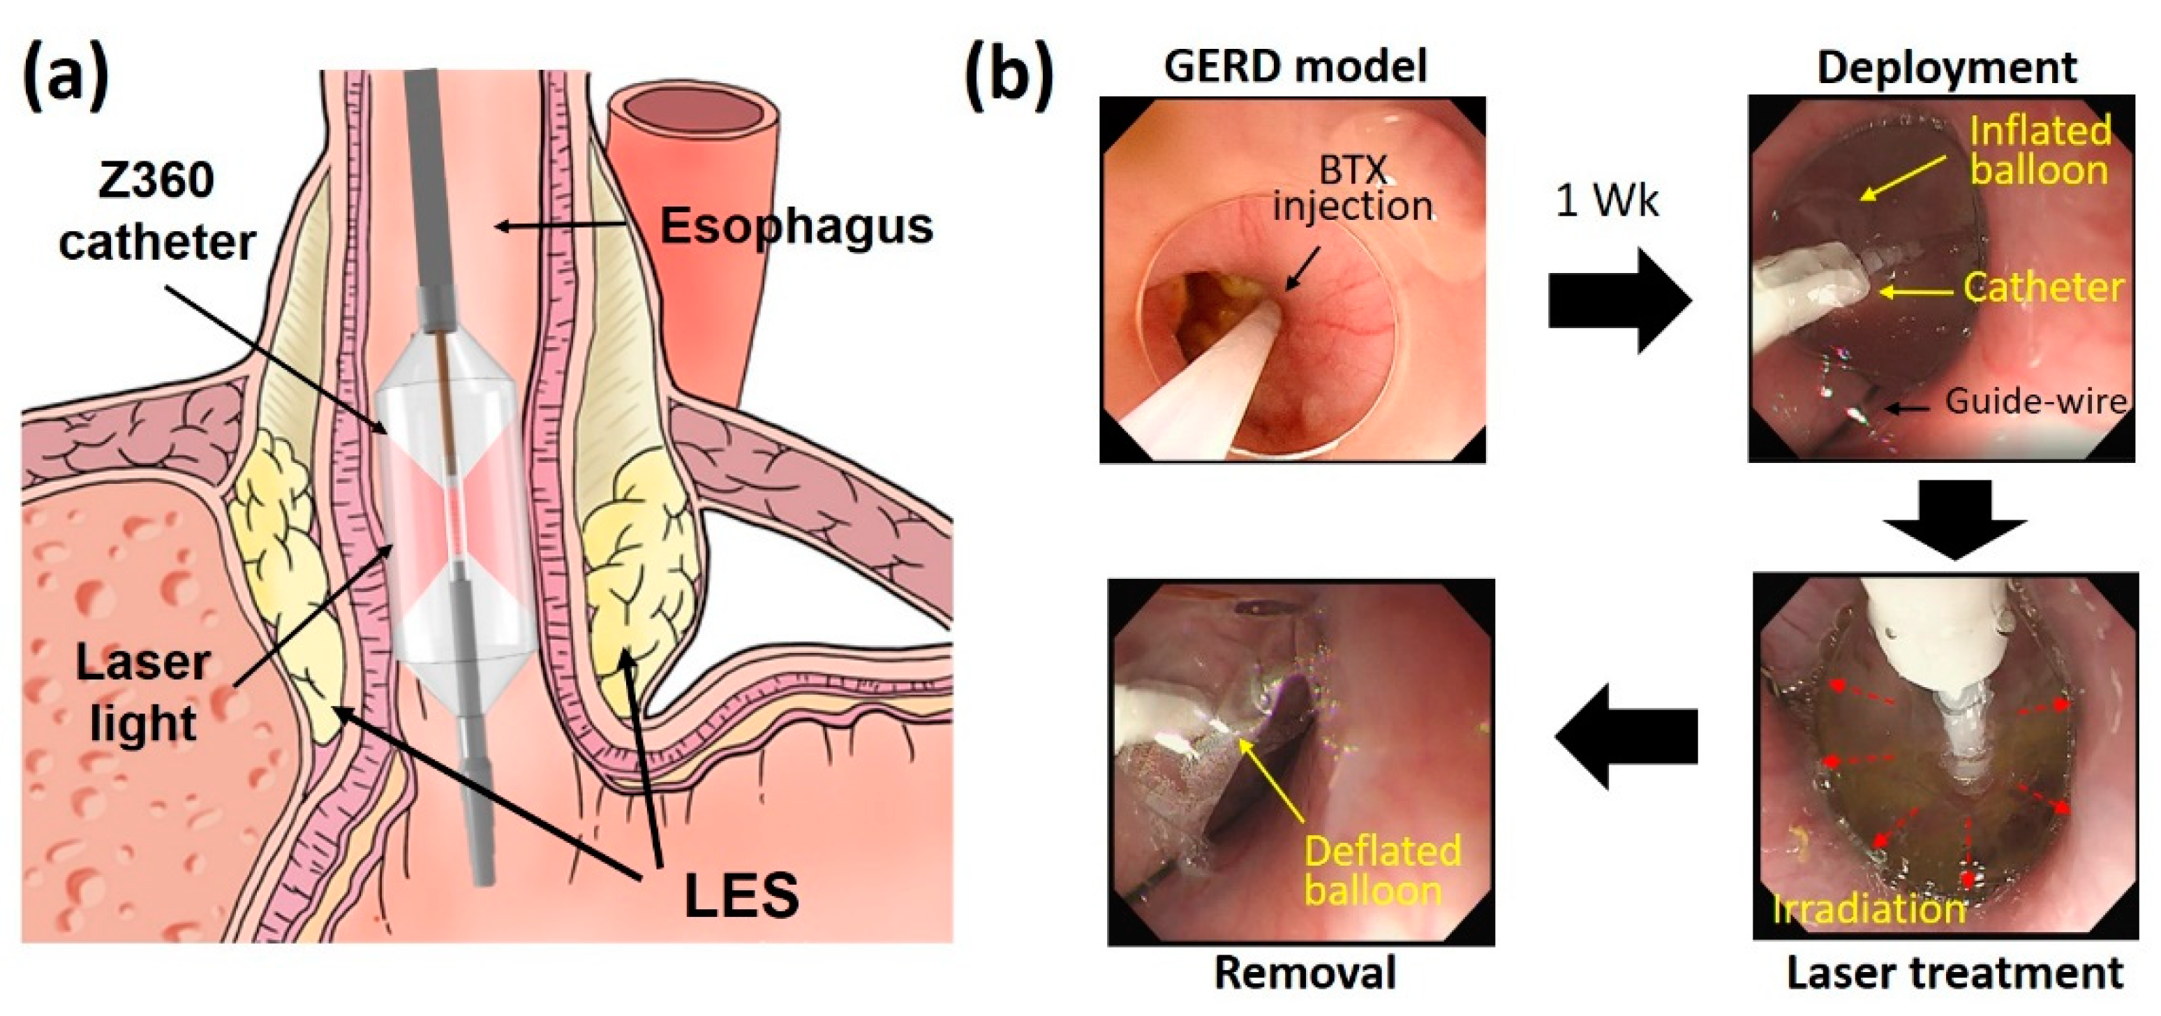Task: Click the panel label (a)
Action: coord(66,78)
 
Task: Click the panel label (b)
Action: coord(1009,78)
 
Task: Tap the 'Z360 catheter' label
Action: coord(156,212)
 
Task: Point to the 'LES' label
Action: coord(741,895)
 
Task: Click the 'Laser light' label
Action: coord(142,693)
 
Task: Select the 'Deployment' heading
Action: coord(1946,68)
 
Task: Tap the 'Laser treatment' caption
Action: coord(1954,973)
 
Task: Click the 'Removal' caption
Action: coord(1305,973)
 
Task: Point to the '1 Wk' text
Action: coord(1607,201)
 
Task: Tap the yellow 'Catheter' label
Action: coord(2044,288)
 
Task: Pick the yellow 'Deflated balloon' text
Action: coord(1383,871)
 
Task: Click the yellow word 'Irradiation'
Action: coord(1869,909)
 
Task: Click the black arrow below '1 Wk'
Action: coord(1617,300)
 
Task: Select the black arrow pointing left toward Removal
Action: coord(1626,737)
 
